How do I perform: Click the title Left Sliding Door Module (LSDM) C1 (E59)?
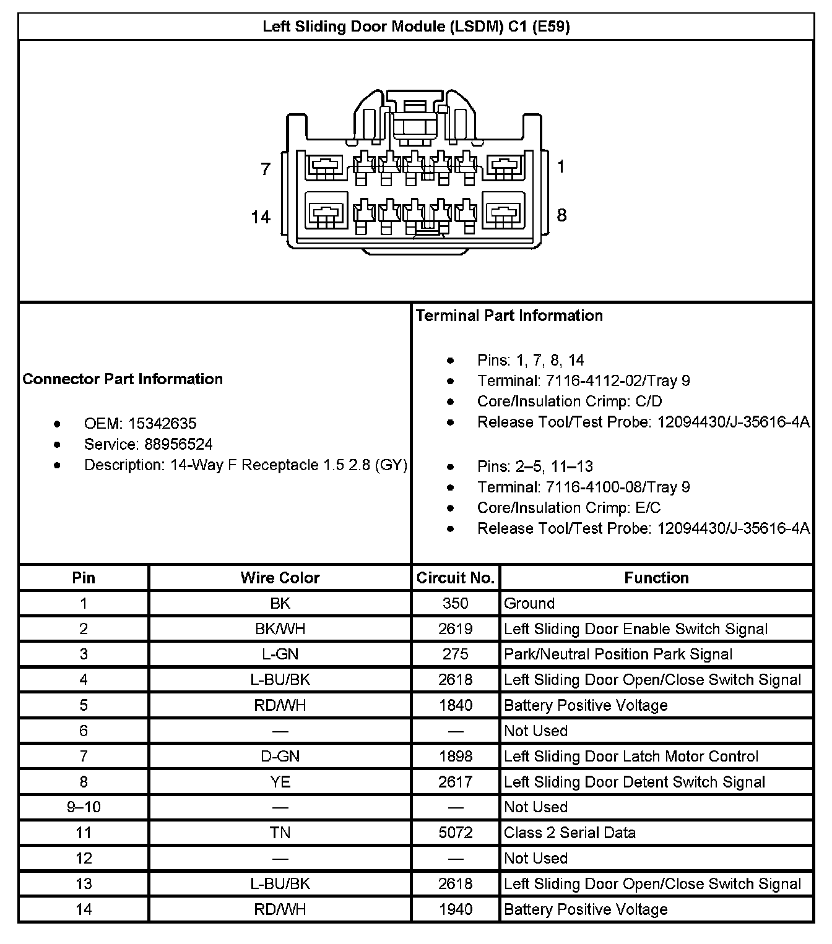pyautogui.click(x=416, y=27)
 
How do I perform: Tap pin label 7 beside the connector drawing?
pyautogui.click(x=266, y=169)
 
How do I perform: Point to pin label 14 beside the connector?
pyautogui.click(x=261, y=217)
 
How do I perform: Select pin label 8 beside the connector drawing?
pyautogui.click(x=561, y=215)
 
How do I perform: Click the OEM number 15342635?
pyautogui.click(x=162, y=424)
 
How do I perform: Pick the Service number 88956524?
pyautogui.click(x=178, y=444)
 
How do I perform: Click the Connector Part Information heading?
pyautogui.click(x=123, y=379)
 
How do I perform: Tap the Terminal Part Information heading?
pyautogui.click(x=509, y=315)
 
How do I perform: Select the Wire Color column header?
pyautogui.click(x=280, y=578)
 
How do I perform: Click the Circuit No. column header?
pyautogui.click(x=456, y=578)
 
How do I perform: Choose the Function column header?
pyautogui.click(x=656, y=578)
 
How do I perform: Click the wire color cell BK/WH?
pyautogui.click(x=280, y=629)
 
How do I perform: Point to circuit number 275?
pyautogui.click(x=456, y=654)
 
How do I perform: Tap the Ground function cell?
pyautogui.click(x=529, y=604)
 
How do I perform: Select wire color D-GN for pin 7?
pyautogui.click(x=280, y=757)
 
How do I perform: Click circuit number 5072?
pyautogui.click(x=456, y=833)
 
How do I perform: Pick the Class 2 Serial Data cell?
pyautogui.click(x=570, y=833)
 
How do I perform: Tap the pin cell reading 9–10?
pyautogui.click(x=84, y=807)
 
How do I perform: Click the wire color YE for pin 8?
pyautogui.click(x=280, y=782)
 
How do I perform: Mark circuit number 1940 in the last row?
pyautogui.click(x=456, y=909)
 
